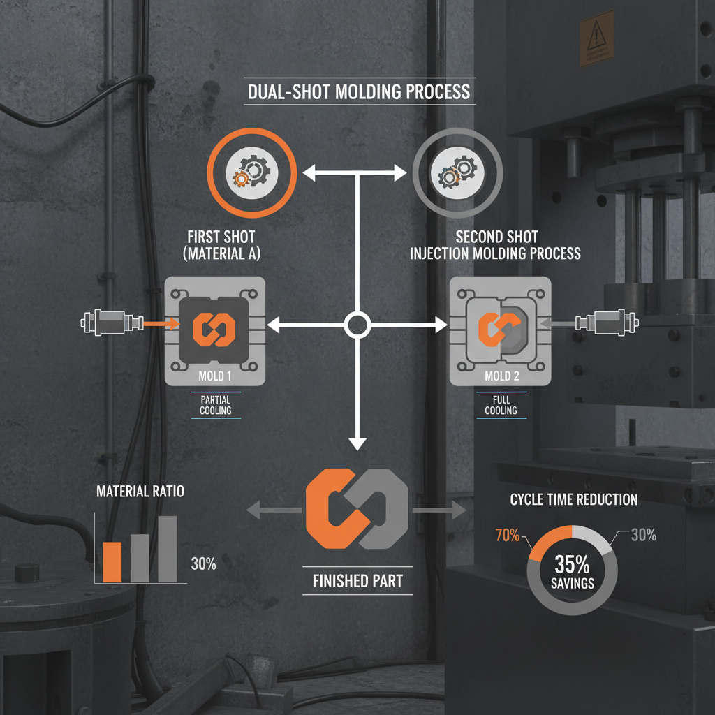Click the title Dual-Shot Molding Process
click(359, 91)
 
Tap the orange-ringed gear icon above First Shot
click(251, 172)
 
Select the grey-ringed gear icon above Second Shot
click(457, 173)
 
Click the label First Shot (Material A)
click(221, 245)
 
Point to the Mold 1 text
click(215, 376)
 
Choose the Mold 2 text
click(501, 376)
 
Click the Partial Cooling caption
click(216, 405)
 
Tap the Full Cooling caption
click(501, 405)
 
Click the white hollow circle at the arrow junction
click(357, 325)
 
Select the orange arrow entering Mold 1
click(161, 324)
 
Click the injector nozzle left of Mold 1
click(112, 323)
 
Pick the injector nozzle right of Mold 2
click(607, 323)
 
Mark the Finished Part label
click(358, 581)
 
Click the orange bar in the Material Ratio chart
click(112, 562)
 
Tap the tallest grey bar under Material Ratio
click(168, 549)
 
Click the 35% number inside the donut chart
click(573, 564)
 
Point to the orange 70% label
click(508, 535)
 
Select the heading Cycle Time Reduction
click(574, 499)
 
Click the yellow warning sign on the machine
click(597, 39)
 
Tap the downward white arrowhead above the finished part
click(357, 443)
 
